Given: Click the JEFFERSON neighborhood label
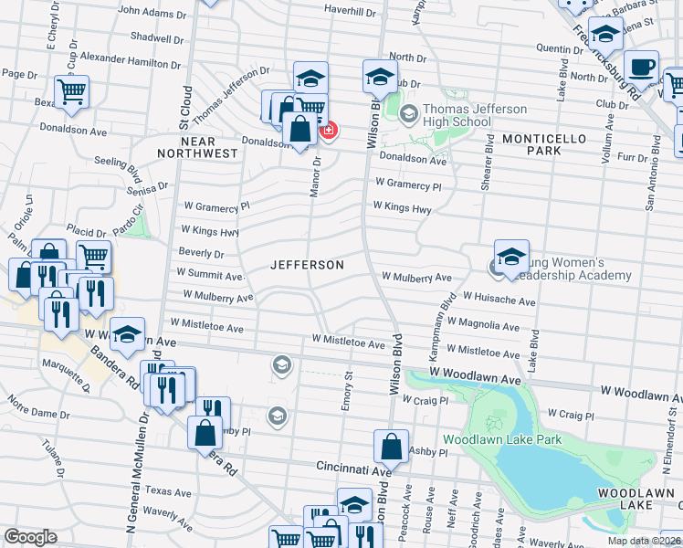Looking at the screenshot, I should [x=307, y=265].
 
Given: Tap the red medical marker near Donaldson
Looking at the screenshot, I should [x=327, y=132].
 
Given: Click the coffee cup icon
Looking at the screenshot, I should [x=641, y=67].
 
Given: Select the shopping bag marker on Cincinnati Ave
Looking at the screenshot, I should [x=391, y=447].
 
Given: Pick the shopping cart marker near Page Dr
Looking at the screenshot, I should [x=71, y=90].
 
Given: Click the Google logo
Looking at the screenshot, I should [x=31, y=537].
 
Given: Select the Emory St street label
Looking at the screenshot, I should [x=348, y=387].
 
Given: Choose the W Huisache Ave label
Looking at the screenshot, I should [x=499, y=299].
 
